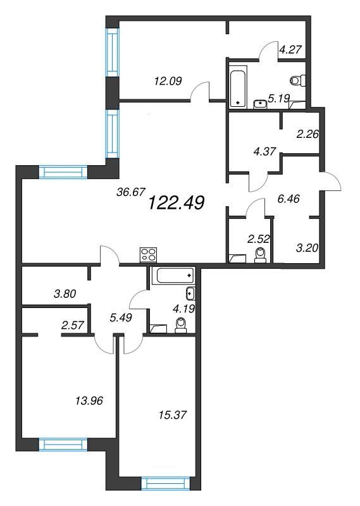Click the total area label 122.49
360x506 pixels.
tap(176, 203)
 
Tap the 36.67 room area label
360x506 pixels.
tap(127, 192)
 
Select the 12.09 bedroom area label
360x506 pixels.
tap(168, 81)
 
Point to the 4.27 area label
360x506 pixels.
tap(290, 50)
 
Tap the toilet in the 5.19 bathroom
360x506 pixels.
tap(298, 80)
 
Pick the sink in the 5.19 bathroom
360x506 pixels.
tap(260, 104)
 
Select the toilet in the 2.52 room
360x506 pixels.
tap(260, 256)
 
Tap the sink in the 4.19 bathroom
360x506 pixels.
tap(190, 293)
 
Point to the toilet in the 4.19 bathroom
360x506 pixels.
tap(180, 325)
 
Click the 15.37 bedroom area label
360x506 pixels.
tap(173, 415)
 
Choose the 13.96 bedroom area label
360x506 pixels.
tap(89, 401)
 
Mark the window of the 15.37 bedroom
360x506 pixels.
tap(166, 483)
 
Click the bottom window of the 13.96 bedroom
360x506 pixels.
tap(63, 445)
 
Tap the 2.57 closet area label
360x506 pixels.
tap(72, 325)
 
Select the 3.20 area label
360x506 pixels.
tap(307, 248)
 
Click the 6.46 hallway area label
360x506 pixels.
tap(289, 199)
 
